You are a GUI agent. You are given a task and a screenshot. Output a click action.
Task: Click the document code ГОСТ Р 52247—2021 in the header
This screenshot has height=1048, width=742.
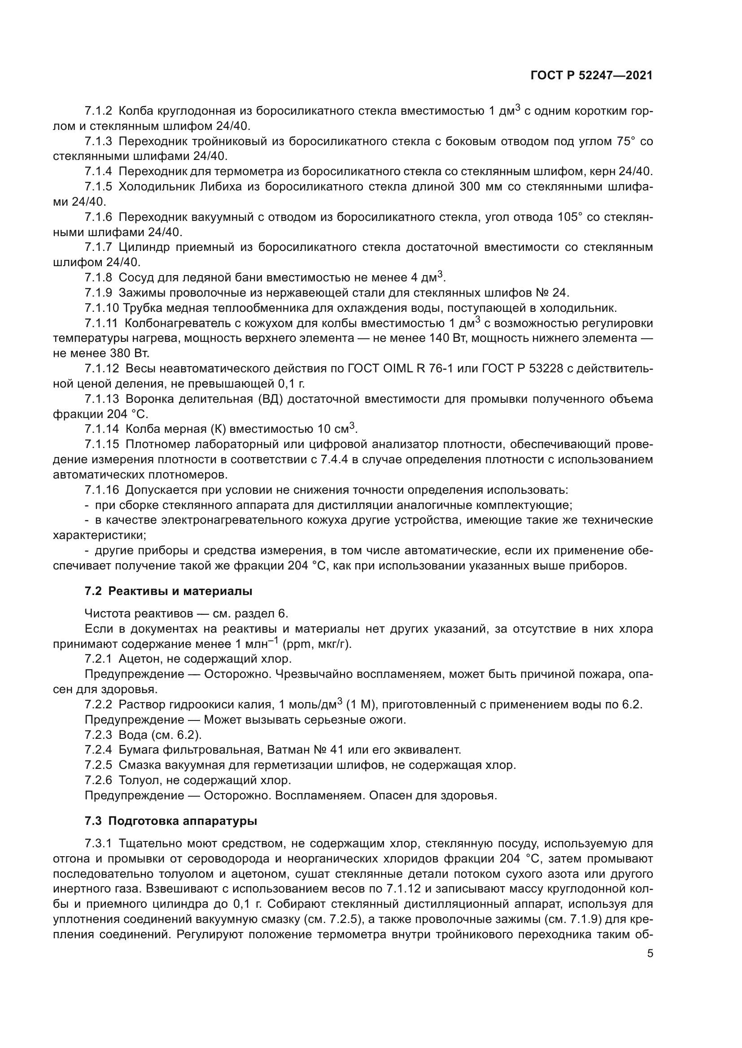[591, 76]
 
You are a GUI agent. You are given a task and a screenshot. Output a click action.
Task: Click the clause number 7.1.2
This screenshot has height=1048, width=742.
[98, 111]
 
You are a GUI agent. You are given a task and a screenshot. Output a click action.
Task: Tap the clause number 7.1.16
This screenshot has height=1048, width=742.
[101, 490]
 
